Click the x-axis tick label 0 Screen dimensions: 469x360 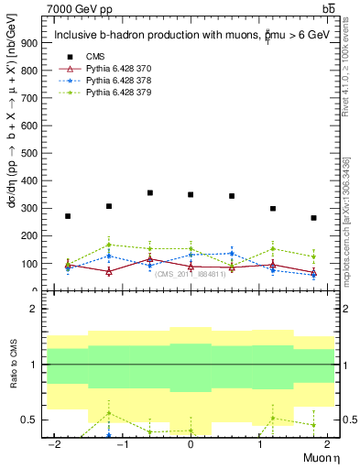coord(190,444)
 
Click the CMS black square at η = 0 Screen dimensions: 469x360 coord(191,194)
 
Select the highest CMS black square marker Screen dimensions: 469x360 coord(149,192)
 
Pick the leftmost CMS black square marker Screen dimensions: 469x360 coord(68,216)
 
